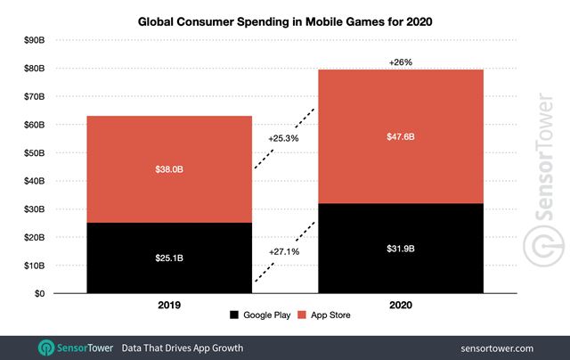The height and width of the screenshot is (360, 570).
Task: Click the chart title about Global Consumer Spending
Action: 284,19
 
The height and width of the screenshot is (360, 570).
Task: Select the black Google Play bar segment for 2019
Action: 169,258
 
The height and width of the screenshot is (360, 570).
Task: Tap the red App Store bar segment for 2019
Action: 169,169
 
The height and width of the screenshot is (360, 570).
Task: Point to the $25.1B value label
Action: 169,258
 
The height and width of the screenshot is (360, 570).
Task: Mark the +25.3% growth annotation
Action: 282,140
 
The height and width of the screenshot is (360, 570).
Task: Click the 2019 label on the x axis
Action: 169,305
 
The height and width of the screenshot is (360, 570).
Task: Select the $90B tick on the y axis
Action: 35,40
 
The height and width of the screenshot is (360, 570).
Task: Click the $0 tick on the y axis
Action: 40,293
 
